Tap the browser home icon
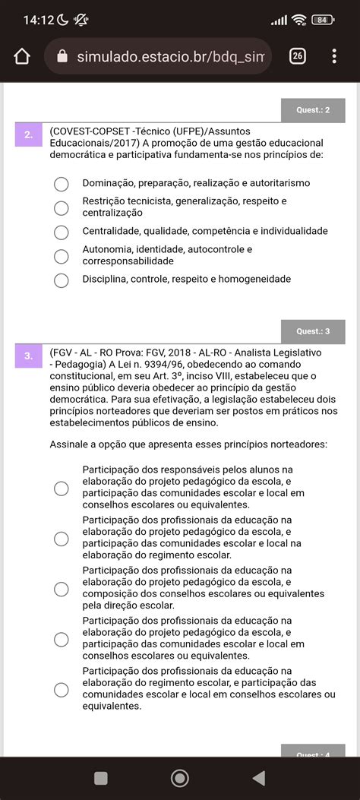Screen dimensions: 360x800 point(22,57)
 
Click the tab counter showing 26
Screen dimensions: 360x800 point(298,56)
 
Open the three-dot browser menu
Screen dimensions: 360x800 point(334,56)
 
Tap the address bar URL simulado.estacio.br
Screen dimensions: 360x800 point(163,57)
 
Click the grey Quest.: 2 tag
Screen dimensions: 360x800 point(313,111)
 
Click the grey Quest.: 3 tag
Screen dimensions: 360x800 point(313,331)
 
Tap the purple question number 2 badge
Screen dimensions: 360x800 point(28,135)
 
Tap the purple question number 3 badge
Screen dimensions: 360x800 point(28,355)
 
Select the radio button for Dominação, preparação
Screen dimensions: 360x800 point(62,184)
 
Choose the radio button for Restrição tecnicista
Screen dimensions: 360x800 point(62,207)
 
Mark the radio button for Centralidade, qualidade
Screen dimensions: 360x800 point(62,232)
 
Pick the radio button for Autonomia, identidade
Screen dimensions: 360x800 point(62,256)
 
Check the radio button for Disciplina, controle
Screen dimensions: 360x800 point(62,280)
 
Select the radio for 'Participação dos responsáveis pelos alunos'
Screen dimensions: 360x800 point(62,488)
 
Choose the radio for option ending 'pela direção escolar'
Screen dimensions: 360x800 point(62,589)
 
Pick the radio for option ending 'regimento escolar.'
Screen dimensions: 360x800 point(62,539)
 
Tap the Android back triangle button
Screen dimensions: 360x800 point(258,777)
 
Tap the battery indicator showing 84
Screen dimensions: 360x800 point(322,20)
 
